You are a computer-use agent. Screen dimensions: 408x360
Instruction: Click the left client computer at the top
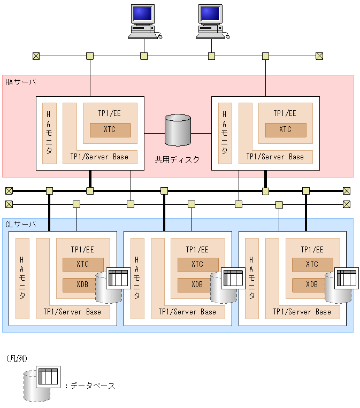click(x=144, y=21)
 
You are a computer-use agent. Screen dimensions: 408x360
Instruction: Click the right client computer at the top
click(x=211, y=21)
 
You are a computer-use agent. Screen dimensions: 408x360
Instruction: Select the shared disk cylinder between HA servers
click(x=178, y=130)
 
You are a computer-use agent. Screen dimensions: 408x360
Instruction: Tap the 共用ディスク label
click(x=177, y=159)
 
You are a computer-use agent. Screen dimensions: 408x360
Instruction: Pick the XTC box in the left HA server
click(x=110, y=130)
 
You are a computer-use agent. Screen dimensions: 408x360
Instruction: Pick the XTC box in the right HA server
click(x=286, y=130)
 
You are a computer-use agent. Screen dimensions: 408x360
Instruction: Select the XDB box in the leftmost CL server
click(x=82, y=284)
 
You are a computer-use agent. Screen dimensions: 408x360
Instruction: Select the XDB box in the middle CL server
click(x=197, y=284)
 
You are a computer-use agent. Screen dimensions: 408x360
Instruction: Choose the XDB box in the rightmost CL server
click(x=312, y=284)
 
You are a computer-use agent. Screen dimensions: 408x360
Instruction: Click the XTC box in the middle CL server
click(x=197, y=264)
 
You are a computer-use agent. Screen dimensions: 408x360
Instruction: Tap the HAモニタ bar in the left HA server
click(x=49, y=133)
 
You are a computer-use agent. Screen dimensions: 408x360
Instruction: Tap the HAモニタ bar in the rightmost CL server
click(x=251, y=278)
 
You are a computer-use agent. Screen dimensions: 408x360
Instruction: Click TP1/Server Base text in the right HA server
click(x=275, y=157)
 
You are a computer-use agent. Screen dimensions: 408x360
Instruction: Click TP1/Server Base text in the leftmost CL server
click(x=72, y=312)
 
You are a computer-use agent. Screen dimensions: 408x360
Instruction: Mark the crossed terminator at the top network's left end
click(x=36, y=56)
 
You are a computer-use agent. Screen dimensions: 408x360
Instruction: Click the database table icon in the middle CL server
click(x=233, y=279)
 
